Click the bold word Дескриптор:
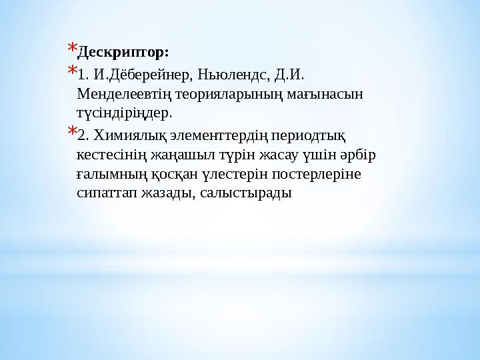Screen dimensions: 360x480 [123, 51]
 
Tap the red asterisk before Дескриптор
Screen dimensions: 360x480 [72, 48]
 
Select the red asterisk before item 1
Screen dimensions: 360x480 [72, 69]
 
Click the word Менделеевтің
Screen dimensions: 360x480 [122, 93]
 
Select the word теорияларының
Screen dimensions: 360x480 [219, 93]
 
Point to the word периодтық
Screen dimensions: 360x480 [307, 137]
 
